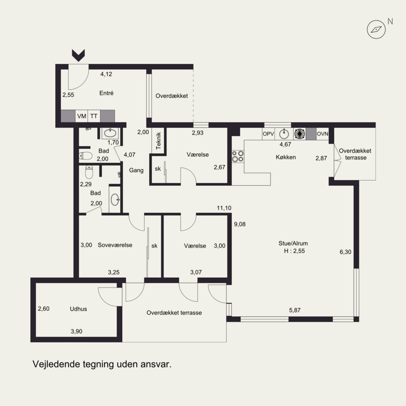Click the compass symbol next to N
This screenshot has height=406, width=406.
click(x=376, y=29)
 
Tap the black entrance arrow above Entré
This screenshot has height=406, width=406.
click(x=78, y=55)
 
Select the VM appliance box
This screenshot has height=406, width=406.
click(x=82, y=116)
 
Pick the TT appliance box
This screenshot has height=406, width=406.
click(x=94, y=116)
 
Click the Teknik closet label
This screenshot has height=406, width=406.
click(x=158, y=141)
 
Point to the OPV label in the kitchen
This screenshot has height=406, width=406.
click(x=268, y=134)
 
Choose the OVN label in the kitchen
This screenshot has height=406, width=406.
click(x=322, y=134)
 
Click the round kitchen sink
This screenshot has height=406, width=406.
click(x=284, y=134)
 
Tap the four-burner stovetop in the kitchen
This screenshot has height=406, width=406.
click(x=238, y=156)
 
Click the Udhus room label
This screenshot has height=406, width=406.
click(x=79, y=309)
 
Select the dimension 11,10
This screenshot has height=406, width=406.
click(x=224, y=208)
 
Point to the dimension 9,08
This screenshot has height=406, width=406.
click(x=240, y=224)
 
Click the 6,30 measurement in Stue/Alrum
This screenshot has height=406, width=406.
click(x=346, y=252)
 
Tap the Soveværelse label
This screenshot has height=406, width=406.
click(x=115, y=245)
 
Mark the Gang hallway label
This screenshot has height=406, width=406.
click(x=136, y=171)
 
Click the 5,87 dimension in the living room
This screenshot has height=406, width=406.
click(x=295, y=310)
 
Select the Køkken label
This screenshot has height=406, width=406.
click(x=286, y=157)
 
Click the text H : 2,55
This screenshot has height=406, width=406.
click(x=294, y=251)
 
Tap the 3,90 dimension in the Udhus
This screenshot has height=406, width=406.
click(x=77, y=331)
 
